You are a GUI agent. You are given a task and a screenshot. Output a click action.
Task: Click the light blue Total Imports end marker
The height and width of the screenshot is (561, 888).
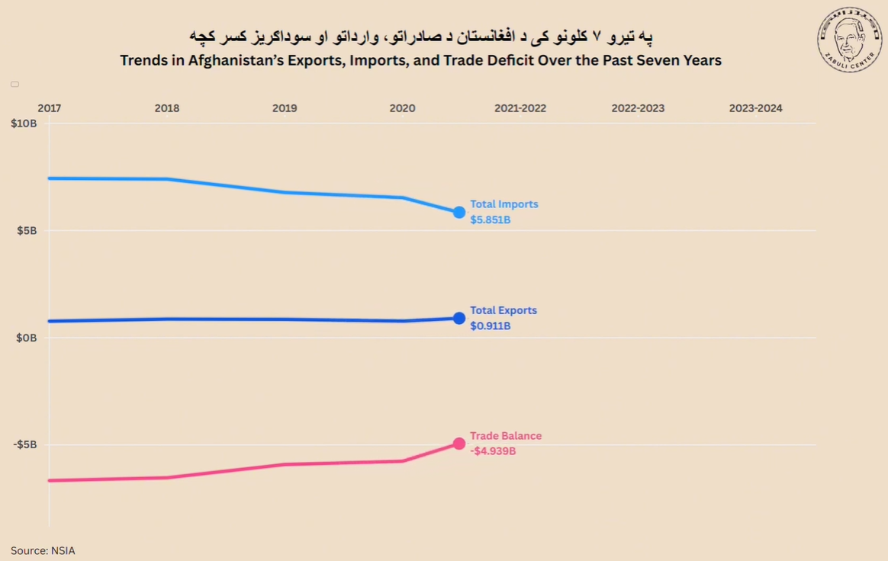459,212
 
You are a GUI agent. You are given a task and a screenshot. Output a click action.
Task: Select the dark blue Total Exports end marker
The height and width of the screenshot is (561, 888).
459,318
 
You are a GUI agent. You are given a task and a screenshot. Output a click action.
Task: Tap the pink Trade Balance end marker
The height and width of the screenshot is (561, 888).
459,444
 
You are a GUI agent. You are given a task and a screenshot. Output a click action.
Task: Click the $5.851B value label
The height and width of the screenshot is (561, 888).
490,220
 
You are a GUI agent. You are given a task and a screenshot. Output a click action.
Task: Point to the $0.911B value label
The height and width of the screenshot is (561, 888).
490,326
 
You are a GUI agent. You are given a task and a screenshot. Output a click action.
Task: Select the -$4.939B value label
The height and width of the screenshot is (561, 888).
493,451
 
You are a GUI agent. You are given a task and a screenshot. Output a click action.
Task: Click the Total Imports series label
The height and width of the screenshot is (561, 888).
504,204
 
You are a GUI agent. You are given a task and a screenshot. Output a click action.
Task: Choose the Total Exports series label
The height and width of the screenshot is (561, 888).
503,310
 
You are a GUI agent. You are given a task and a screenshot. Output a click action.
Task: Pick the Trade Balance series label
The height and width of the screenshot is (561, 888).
505,436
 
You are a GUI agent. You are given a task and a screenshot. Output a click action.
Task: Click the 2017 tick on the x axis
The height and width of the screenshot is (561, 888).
50,108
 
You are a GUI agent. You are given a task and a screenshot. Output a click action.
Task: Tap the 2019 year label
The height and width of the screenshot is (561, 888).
285,108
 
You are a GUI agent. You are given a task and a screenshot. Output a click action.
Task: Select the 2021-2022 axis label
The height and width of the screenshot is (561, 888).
520,108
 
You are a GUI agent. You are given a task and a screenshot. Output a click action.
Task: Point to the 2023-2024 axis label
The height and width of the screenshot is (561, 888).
755,108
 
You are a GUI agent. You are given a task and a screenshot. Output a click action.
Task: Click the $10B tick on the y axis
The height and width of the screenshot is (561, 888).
24,123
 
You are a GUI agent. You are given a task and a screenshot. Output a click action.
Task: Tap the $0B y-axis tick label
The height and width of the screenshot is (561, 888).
27,337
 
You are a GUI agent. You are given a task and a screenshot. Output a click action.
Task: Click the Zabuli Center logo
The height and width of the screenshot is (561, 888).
849,39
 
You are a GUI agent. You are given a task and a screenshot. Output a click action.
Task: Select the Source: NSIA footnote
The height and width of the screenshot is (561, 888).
43,550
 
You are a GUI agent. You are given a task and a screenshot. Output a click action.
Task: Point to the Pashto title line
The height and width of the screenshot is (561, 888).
421,36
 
